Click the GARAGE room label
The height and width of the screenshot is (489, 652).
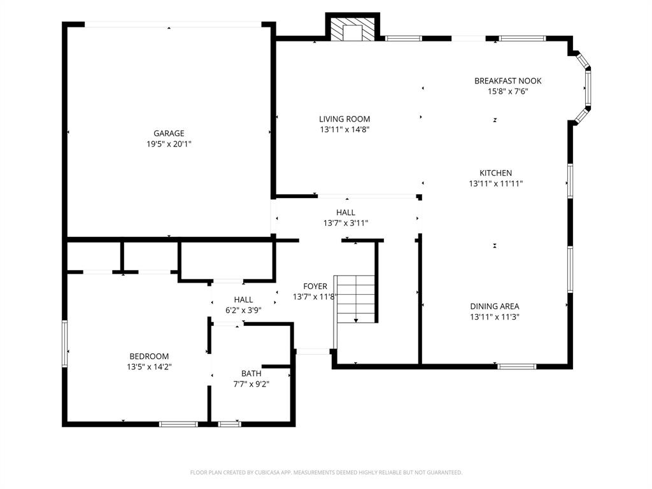169,133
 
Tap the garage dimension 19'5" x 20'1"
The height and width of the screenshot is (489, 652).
169,144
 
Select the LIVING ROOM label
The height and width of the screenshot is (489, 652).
344,118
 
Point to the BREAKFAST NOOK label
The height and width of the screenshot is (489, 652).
507,81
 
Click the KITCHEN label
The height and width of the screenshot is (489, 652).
495,173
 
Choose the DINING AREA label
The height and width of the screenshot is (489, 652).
494,306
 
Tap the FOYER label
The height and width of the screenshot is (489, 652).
315,287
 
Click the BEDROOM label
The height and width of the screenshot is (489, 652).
149,356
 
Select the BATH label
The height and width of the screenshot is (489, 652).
251,373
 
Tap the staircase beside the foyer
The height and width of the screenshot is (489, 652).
356,299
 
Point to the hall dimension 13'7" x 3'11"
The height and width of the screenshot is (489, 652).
346,223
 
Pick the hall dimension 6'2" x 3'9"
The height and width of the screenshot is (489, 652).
243,310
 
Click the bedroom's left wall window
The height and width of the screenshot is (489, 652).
64,344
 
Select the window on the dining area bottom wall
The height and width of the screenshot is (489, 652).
516,366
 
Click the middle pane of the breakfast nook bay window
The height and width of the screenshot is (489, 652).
588,88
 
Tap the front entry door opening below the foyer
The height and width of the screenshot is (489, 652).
313,351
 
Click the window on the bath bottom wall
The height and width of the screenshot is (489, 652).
229,423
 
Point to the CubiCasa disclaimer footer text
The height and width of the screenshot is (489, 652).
326,472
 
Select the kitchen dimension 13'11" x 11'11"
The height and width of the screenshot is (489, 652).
495,183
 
